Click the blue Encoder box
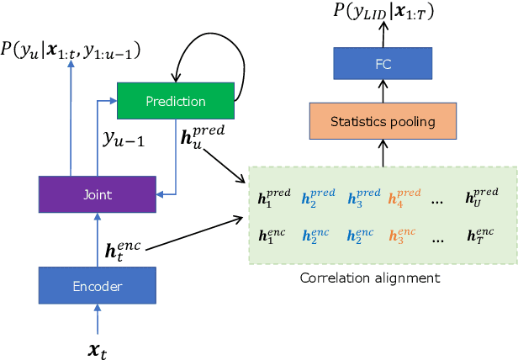(97, 286)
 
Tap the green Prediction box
(175, 101)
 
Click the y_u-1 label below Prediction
(124, 139)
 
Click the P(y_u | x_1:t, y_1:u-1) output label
(71, 52)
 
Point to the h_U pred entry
(481, 198)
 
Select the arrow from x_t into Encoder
(97, 317)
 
